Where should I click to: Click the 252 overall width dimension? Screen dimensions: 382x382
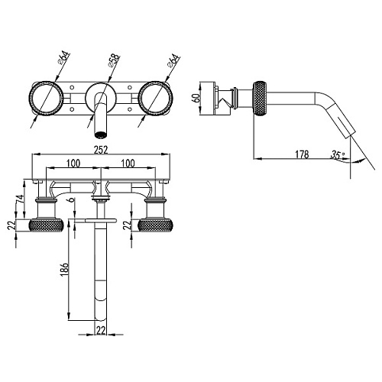(x=101, y=150)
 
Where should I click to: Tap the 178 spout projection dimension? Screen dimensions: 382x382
(x=302, y=154)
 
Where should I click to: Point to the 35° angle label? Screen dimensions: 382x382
(x=338, y=155)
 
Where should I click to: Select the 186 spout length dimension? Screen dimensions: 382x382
(x=65, y=268)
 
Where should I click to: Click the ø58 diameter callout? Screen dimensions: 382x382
(x=114, y=60)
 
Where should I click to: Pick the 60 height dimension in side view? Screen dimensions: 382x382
(x=196, y=98)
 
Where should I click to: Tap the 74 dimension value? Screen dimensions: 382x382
(x=20, y=199)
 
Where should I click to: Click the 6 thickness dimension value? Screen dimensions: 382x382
(x=72, y=199)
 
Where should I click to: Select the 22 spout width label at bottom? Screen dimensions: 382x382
(x=101, y=331)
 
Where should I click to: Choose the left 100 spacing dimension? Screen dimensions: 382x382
(x=73, y=163)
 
